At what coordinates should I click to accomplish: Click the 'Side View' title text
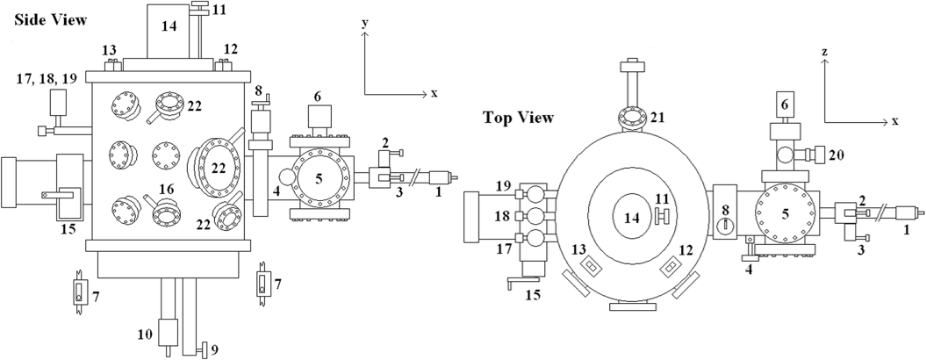[x=50, y=19]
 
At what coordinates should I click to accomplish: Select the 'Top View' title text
[x=518, y=117]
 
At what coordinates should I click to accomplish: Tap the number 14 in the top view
[x=632, y=218]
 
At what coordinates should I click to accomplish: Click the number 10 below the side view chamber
[x=146, y=335]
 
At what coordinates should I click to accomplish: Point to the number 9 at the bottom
[x=214, y=350]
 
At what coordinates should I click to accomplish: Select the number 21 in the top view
[x=657, y=118]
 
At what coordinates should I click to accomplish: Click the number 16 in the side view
[x=167, y=189]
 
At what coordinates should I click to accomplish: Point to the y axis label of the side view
[x=365, y=23]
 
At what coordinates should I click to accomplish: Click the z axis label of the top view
[x=824, y=52]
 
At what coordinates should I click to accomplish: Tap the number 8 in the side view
[x=257, y=90]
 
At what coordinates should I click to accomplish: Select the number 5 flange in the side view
[x=319, y=178]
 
